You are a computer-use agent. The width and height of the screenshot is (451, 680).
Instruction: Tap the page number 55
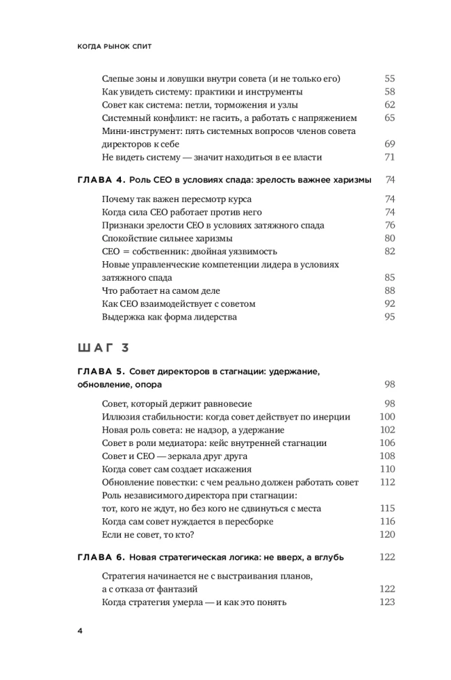coord(389,79)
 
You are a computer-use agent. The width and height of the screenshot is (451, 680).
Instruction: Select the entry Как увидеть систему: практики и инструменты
coord(202,92)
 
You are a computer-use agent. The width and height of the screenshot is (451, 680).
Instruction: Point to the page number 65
coord(389,118)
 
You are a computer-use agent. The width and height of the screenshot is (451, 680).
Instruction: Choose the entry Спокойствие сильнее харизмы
coord(167,239)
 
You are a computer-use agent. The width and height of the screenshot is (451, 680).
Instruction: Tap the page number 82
coord(389,252)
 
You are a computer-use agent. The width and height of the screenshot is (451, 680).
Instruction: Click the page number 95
coord(389,317)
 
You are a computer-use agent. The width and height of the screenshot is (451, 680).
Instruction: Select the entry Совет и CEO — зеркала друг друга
coord(174,456)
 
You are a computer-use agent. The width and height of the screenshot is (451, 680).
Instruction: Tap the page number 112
coord(387,482)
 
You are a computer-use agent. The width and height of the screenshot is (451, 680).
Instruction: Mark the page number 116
coord(387,522)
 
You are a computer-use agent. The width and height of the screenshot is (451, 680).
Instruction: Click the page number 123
coord(387,602)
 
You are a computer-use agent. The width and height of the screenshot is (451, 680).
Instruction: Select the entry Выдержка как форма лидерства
coord(169,317)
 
